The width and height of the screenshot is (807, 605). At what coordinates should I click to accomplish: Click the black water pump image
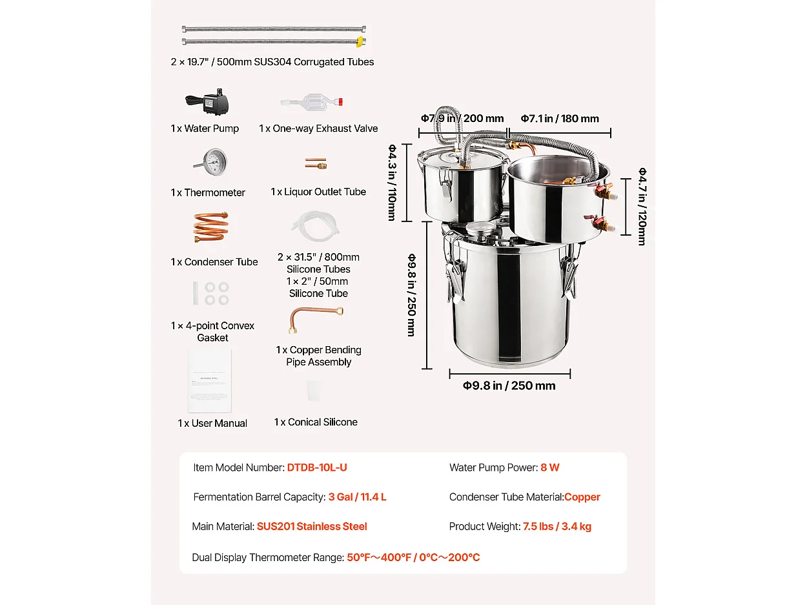[208, 101]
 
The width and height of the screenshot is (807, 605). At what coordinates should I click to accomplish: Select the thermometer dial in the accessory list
[210, 161]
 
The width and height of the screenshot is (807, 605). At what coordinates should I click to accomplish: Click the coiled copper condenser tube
[210, 227]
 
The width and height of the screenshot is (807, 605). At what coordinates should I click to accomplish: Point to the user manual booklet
[209, 381]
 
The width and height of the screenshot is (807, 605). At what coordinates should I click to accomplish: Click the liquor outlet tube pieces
[316, 164]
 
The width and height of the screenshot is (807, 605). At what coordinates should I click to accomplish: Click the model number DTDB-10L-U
[317, 467]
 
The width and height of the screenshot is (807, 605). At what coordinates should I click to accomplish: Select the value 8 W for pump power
[550, 467]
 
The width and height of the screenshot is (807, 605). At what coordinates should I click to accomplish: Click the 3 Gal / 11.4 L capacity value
[357, 497]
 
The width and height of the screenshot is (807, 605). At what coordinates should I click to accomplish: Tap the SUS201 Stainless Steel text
[312, 526]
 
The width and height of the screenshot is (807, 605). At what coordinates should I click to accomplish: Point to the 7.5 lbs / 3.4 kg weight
[557, 526]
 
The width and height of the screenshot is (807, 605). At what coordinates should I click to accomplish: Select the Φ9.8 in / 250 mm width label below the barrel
[509, 385]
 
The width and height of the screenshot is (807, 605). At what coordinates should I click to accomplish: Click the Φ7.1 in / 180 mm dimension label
[560, 118]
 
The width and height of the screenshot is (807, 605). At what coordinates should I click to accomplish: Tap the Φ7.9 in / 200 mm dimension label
[462, 118]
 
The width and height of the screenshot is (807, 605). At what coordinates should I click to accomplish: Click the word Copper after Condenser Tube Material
[582, 497]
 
